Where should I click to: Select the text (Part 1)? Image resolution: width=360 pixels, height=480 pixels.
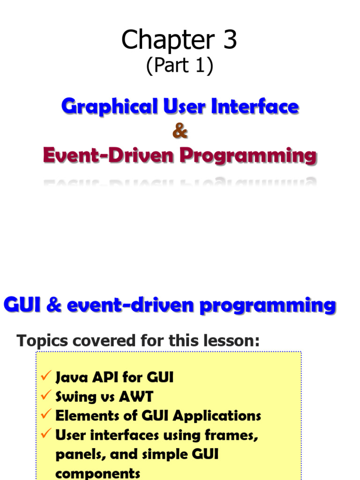click(x=180, y=65)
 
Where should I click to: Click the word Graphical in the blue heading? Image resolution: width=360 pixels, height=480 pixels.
click(x=110, y=107)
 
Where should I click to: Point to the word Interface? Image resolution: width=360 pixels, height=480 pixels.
click(x=255, y=106)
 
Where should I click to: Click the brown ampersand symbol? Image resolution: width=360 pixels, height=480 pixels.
click(x=180, y=131)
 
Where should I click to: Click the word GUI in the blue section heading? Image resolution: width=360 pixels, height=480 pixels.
click(x=22, y=305)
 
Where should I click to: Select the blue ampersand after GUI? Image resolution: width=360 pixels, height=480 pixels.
click(x=54, y=305)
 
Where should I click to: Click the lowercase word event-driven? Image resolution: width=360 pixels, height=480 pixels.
click(x=130, y=305)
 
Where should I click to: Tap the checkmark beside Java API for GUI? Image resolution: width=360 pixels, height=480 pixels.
click(x=46, y=375)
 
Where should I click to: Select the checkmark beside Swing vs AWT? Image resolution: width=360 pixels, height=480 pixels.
click(x=46, y=395)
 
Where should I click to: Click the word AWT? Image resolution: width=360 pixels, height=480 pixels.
click(x=136, y=397)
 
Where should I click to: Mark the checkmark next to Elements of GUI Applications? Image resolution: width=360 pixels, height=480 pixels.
click(x=46, y=414)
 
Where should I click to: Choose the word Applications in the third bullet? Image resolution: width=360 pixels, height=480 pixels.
click(x=217, y=416)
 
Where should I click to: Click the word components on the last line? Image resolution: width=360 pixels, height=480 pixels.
click(x=98, y=473)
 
